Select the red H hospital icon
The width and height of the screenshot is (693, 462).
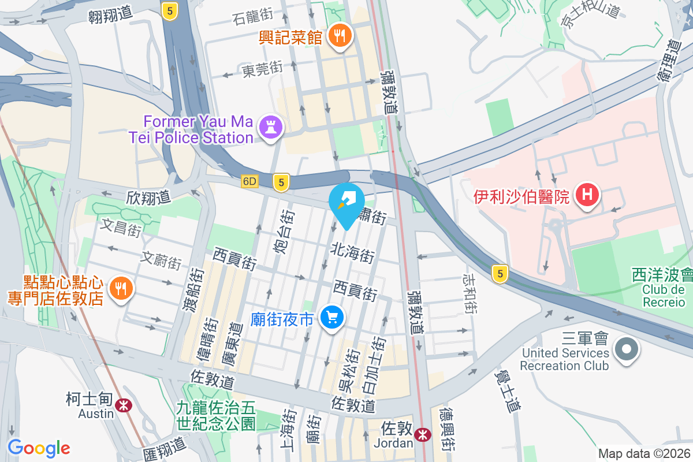coord(587,195)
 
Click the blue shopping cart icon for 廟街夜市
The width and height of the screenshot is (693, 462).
coord(331,317)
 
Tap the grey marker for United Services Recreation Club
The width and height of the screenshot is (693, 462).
coord(626,349)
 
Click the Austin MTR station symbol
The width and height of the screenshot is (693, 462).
coord(123,405)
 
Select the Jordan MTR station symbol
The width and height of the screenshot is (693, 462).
coord(423,433)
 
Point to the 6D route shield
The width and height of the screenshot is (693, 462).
coord(249,181)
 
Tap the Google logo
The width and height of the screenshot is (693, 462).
coord(39,448)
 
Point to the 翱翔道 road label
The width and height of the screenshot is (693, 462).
coord(110,15)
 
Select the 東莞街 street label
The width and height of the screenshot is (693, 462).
coord(262,70)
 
